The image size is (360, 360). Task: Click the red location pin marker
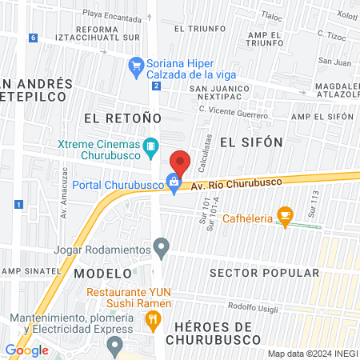[x=181, y=162]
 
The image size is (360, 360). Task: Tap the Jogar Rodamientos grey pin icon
[x=162, y=247]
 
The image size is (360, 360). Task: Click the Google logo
[x=26, y=350]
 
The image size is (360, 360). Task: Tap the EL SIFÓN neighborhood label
[x=251, y=142]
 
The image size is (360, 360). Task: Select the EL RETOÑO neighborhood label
[x=116, y=118]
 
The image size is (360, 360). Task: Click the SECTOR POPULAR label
[x=265, y=273]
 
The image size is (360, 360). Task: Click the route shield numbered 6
[x=32, y=38]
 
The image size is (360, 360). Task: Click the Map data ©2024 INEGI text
[x=312, y=353]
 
